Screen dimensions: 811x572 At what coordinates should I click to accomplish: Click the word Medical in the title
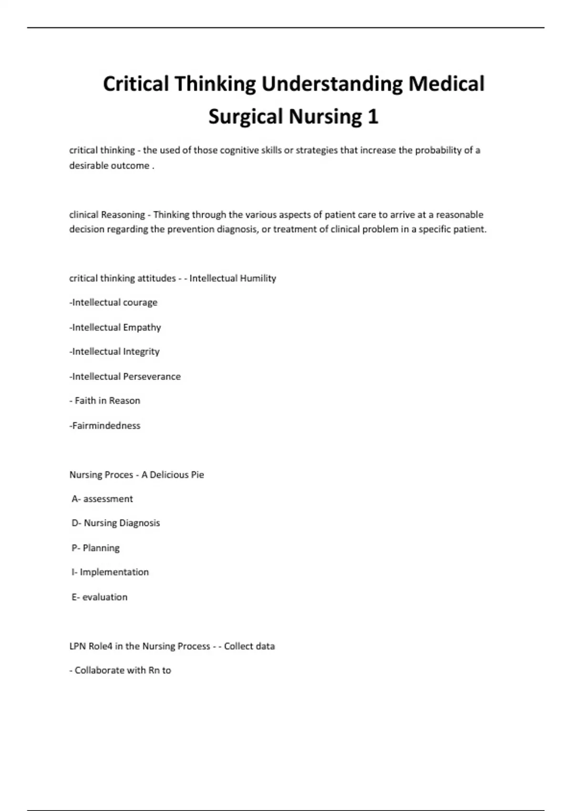point(446,84)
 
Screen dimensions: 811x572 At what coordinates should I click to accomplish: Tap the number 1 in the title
point(372,117)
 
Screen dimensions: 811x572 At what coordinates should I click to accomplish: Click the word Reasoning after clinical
point(123,215)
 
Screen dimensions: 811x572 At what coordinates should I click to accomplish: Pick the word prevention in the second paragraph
point(191,229)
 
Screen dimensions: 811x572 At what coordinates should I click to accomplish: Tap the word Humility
point(258,278)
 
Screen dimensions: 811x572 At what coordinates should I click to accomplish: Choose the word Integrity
point(141,352)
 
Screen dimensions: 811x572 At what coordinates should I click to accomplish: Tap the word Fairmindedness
point(106,426)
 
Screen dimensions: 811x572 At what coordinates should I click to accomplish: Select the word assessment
point(108,499)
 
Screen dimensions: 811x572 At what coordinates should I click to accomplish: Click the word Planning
point(101,548)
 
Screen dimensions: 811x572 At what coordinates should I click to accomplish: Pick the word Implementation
point(114,572)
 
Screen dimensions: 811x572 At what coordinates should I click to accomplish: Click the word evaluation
point(105,597)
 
